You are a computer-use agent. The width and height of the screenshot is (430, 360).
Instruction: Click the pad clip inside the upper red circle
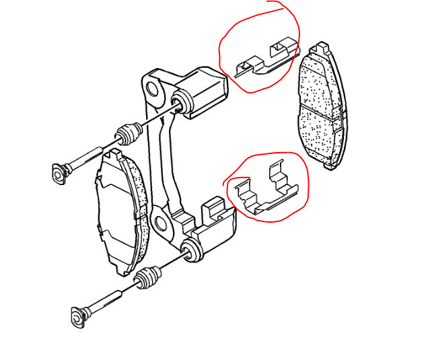coord(264,59)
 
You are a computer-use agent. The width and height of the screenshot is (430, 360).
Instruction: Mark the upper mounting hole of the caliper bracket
coord(153,87)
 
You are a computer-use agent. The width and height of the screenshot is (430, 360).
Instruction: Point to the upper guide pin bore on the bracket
coord(180,103)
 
